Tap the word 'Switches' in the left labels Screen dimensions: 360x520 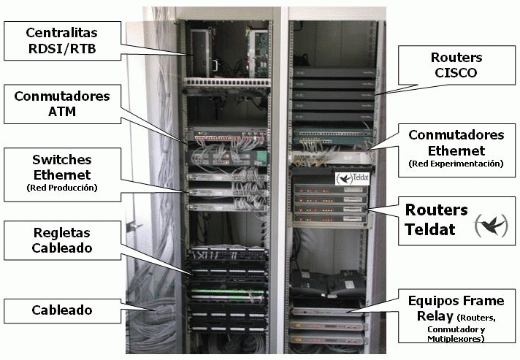point(61,160)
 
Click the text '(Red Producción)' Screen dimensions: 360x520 point(61,188)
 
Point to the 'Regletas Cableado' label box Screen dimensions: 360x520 point(61,240)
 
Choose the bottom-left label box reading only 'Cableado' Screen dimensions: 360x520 point(61,310)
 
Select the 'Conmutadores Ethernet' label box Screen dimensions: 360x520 point(456,150)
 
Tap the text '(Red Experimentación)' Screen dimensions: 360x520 point(456,164)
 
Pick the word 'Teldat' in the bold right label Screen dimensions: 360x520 point(430,229)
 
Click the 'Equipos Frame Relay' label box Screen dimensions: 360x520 point(456,315)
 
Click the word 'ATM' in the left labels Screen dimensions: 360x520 point(61,112)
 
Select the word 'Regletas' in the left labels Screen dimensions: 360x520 point(61,233)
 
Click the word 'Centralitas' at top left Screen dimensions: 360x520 point(61,34)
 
